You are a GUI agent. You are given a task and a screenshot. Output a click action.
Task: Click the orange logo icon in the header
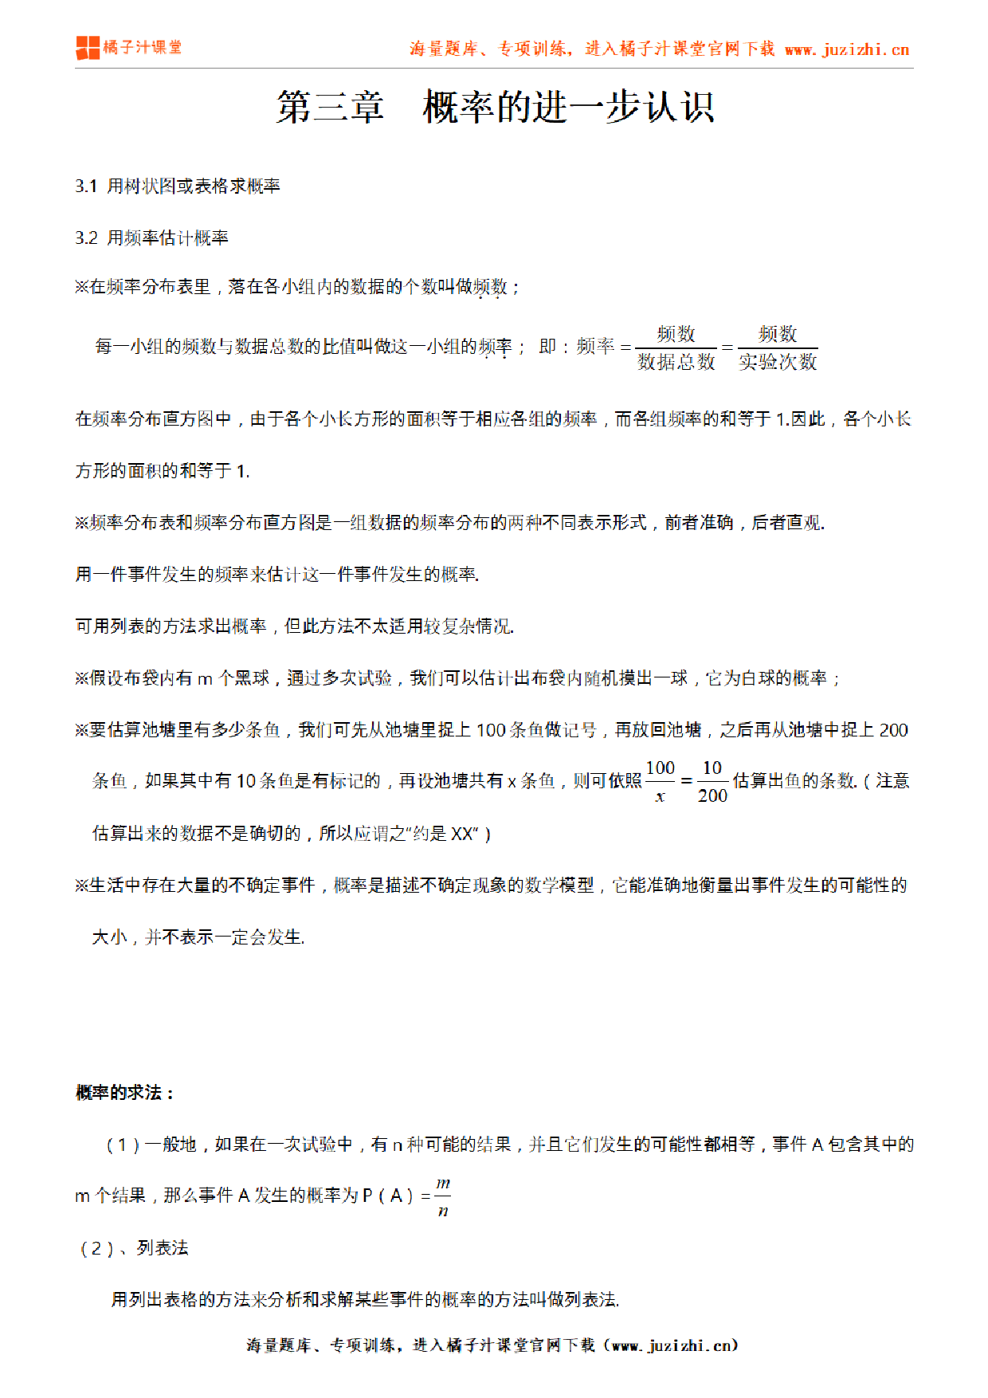coord(88,48)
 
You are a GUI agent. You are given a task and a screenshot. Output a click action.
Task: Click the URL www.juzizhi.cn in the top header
coord(847,49)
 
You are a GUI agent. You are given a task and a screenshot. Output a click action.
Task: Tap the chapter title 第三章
coord(330,107)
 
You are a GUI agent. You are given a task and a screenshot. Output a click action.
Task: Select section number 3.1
coord(86,187)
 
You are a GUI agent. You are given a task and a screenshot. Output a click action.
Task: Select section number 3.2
coord(86,238)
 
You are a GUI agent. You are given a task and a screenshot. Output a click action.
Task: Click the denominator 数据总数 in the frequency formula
coord(676,363)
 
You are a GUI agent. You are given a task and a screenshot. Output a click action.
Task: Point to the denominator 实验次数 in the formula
coord(778,363)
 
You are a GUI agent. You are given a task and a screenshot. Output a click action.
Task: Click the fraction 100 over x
coord(660,782)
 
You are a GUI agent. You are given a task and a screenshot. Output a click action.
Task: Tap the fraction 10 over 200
coord(712,782)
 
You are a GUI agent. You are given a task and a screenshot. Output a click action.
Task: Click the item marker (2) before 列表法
coord(96,1249)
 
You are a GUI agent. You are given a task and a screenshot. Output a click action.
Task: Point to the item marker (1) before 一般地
coord(123,1145)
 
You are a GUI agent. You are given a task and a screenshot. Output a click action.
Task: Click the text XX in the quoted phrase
coord(462,834)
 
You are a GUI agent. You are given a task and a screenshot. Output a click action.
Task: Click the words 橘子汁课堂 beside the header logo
coord(143,48)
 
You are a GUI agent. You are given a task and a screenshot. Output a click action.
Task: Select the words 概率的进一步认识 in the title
coord(568,107)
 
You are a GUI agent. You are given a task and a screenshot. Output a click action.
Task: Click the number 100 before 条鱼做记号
coord(491,730)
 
